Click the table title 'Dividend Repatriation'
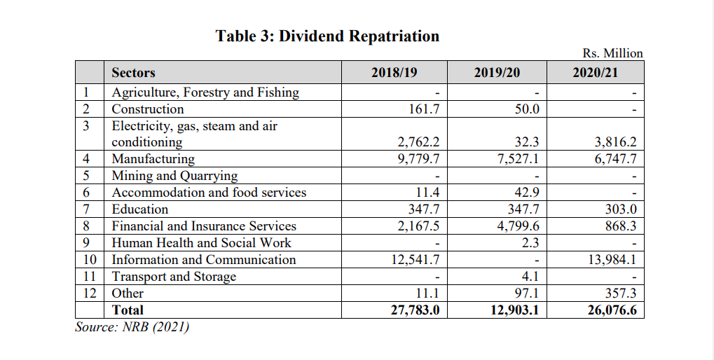coord(359,36)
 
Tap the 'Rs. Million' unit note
coord(612,53)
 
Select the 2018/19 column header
coord(394,72)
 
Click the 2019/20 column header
coord(497,72)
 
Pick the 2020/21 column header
coord(595,72)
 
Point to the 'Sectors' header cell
coord(133,73)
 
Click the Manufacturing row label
coord(153,159)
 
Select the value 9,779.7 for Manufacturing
coord(418,159)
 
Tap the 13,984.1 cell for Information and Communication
coord(612,260)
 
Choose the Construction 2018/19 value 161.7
coord(424,109)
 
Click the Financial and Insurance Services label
coord(204,226)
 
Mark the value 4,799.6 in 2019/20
coord(518,226)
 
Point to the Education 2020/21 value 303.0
coord(621,209)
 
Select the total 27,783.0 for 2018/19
coord(416,310)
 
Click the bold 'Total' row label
coord(128,310)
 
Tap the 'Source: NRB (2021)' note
coord(132,327)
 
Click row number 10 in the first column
coord(90,260)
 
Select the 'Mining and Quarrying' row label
coord(175,176)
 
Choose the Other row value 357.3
coord(621,293)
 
